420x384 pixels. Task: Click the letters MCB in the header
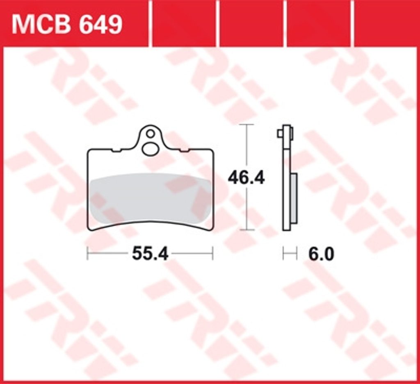[x=41, y=25]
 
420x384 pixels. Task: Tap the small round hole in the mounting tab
[x=151, y=134]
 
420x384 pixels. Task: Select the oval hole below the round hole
[x=150, y=149]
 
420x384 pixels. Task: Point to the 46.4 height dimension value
[x=246, y=178]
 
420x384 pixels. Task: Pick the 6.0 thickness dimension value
[x=321, y=254]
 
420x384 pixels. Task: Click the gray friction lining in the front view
[x=150, y=198]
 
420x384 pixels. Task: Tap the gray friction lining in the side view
[x=294, y=198]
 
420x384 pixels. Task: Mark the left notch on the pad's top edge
[x=116, y=151]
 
